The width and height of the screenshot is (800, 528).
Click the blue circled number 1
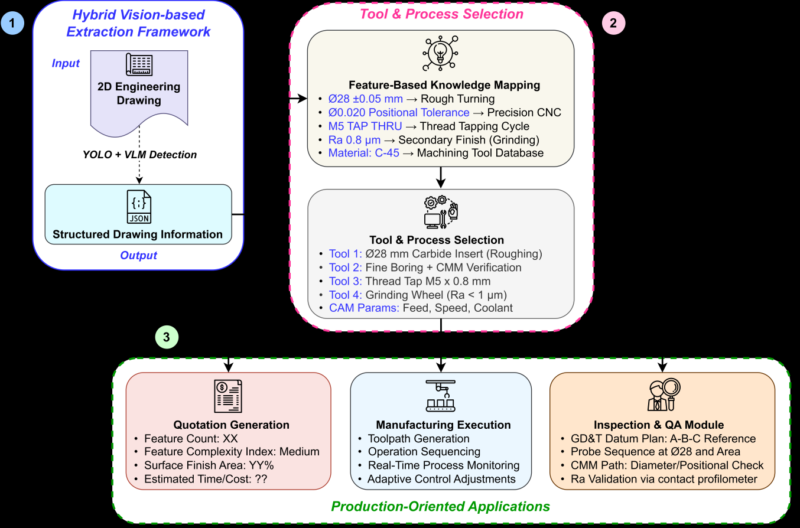pos(12,25)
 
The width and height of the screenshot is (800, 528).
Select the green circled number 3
pos(166,337)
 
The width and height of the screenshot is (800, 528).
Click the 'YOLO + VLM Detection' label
pos(139,155)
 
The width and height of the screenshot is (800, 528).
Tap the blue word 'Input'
pos(66,63)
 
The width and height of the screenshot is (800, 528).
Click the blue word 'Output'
pos(139,256)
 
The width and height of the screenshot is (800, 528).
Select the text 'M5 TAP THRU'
pos(365,126)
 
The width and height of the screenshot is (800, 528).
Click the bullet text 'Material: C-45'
pos(363,153)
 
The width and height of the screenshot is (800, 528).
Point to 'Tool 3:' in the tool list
pos(346,281)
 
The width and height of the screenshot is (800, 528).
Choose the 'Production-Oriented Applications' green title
pos(441,506)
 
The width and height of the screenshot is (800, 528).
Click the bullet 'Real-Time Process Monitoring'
pos(443,465)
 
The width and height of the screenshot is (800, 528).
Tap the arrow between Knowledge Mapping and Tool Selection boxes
pos(441,177)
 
